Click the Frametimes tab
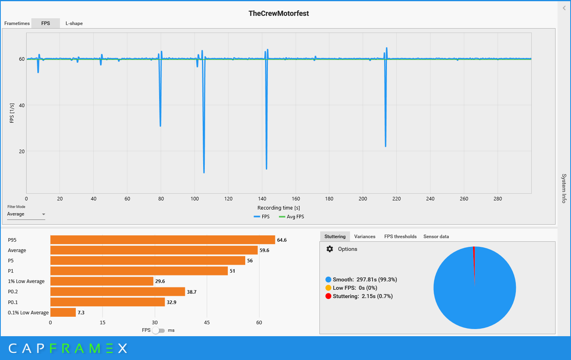click(17, 23)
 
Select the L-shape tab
click(74, 23)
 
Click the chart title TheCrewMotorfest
click(279, 13)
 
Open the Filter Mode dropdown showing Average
click(26, 214)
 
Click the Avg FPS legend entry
click(292, 217)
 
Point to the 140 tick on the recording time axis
click(262, 199)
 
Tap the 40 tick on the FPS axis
click(22, 106)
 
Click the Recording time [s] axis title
click(279, 208)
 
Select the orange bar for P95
click(163, 240)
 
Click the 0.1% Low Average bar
click(63, 312)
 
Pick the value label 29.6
click(160, 281)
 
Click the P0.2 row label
click(13, 292)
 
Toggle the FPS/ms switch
click(158, 331)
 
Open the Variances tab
click(365, 237)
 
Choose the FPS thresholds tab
click(400, 237)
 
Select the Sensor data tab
click(436, 237)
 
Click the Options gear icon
click(330, 249)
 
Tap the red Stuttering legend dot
click(328, 296)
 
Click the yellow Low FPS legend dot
click(328, 288)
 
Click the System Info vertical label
click(564, 188)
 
